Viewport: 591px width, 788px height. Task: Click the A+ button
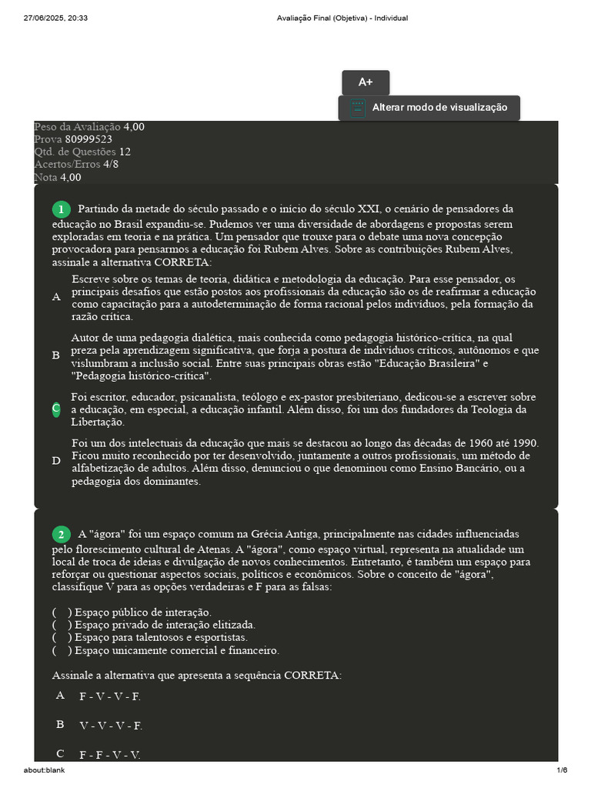(366, 82)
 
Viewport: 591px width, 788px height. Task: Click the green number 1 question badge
(61, 209)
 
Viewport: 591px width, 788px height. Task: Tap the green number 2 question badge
(61, 534)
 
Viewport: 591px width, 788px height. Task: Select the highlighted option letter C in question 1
(56, 409)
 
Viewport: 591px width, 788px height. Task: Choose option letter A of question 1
(56, 297)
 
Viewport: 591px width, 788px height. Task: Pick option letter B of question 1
(56, 356)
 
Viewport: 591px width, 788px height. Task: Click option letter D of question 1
(56, 461)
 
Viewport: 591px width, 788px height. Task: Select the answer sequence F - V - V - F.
(110, 696)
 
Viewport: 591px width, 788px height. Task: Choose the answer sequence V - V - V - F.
(111, 726)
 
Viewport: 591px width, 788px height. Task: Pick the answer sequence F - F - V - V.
(110, 755)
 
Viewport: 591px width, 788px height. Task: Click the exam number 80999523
(88, 139)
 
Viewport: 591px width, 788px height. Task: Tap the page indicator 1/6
(562, 770)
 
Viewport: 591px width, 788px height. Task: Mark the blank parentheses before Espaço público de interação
(62, 613)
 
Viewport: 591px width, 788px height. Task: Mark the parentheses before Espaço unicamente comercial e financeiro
(62, 651)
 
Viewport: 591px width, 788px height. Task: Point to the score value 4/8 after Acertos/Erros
(111, 164)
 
